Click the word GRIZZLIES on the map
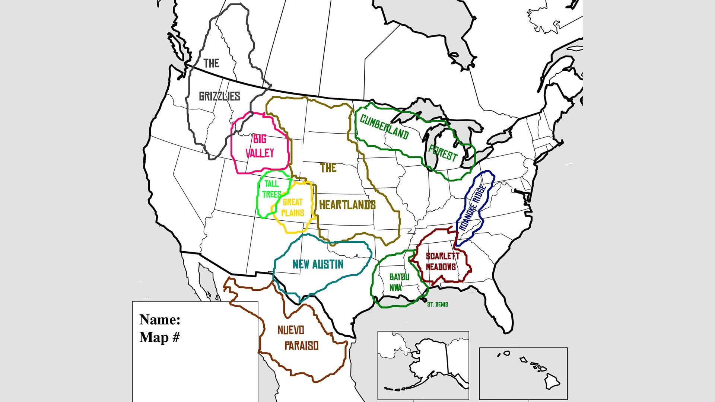(x=219, y=96)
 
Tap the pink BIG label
(x=260, y=139)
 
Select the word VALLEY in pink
(x=260, y=153)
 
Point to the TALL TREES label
(x=271, y=189)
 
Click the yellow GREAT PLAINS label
(x=293, y=207)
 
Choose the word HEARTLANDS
(x=347, y=205)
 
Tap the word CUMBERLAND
(x=384, y=127)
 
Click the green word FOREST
(x=443, y=153)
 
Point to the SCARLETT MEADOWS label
(x=442, y=261)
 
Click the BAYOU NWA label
(x=398, y=282)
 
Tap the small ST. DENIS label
(x=438, y=304)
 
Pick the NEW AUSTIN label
(x=318, y=264)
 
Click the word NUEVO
(x=291, y=330)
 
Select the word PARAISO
(x=301, y=346)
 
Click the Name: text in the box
(x=160, y=319)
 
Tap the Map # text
(x=159, y=337)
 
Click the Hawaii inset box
(x=523, y=373)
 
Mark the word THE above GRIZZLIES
(x=211, y=63)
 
